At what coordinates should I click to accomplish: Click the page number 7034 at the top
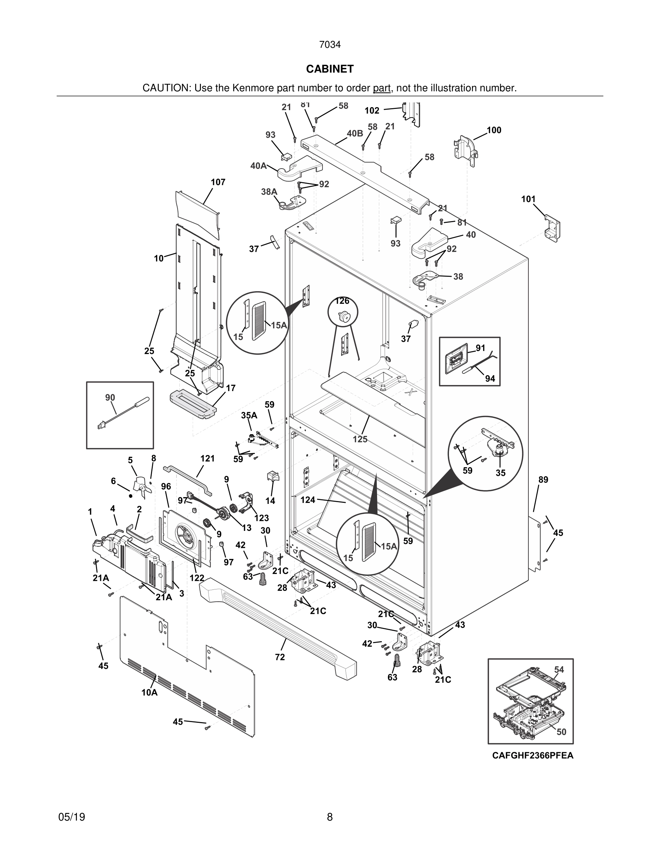330,45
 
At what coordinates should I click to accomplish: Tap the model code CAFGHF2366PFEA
532,755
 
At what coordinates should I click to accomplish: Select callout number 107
218,182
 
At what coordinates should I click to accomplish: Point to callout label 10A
149,693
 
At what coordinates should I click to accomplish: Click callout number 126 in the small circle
342,301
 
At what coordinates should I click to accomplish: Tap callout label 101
528,199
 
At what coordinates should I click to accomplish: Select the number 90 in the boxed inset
110,398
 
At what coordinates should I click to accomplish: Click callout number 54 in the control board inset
559,670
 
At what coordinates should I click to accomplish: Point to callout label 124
308,500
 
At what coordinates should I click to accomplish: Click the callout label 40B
355,133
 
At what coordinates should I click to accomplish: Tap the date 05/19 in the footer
72,817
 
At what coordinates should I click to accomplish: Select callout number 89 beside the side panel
543,480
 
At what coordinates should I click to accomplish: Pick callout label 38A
269,192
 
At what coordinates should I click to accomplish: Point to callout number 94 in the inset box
490,378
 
